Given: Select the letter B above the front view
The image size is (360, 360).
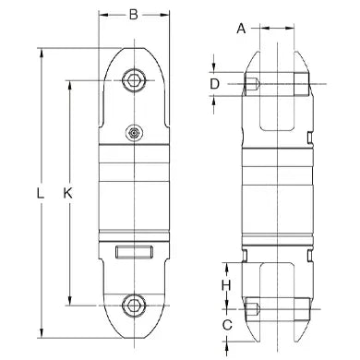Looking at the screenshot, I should [135, 15].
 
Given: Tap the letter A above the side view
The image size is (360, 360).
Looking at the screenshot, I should [241, 28].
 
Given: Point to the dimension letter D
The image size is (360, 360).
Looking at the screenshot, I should [214, 84].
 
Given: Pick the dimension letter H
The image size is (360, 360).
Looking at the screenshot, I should [225, 284].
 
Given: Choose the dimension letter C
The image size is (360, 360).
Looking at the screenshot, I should [225, 325].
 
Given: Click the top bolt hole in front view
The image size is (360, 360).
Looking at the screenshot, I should [137, 80].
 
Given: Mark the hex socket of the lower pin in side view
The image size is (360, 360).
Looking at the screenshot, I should [253, 306].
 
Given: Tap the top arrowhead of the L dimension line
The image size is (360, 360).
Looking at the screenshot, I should [42, 50].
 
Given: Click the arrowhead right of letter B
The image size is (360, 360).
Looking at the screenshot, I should [169, 15].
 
